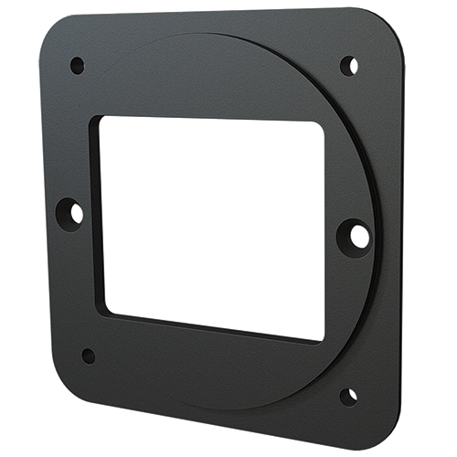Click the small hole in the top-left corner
coord(77,65)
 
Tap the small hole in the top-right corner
coord(348,66)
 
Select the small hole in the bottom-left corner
coord(89,356)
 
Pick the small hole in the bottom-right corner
coord(348,396)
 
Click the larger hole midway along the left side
coord(72,212)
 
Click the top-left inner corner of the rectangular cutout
coord(101,119)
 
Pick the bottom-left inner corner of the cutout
coord(106,308)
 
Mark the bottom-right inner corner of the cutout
coord(323,339)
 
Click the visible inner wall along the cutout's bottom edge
coord(210,330)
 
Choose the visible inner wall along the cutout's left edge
coord(96,215)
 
